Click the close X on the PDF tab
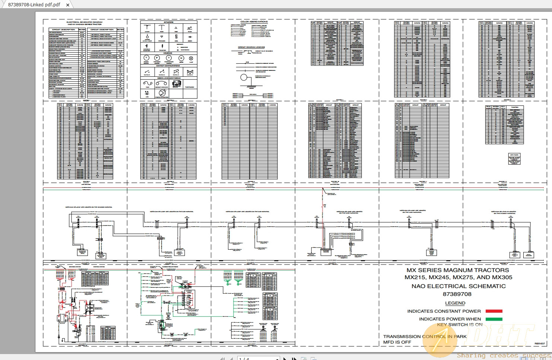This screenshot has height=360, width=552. [67, 5]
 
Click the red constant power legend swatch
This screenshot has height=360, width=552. [494, 311]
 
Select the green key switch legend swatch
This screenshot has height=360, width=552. [494, 319]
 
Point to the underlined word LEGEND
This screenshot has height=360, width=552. [455, 303]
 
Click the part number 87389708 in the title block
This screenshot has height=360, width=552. [457, 294]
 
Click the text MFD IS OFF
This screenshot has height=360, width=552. [397, 342]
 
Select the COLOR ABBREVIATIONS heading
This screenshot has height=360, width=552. [254, 22]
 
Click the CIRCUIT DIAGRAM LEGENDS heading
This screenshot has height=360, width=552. [251, 47]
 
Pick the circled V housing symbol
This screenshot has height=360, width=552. [146, 58]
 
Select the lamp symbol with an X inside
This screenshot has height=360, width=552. [191, 58]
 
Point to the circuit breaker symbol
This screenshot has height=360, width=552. [161, 83]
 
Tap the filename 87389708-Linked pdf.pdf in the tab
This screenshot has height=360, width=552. [34, 5]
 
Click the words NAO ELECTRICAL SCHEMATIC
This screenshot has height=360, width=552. [459, 286]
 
